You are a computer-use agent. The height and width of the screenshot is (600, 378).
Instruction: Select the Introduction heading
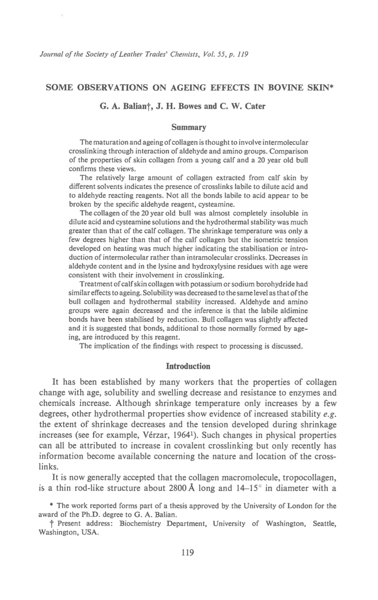point(188,366)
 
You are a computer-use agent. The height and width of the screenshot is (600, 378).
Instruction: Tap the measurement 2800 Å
point(181,488)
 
